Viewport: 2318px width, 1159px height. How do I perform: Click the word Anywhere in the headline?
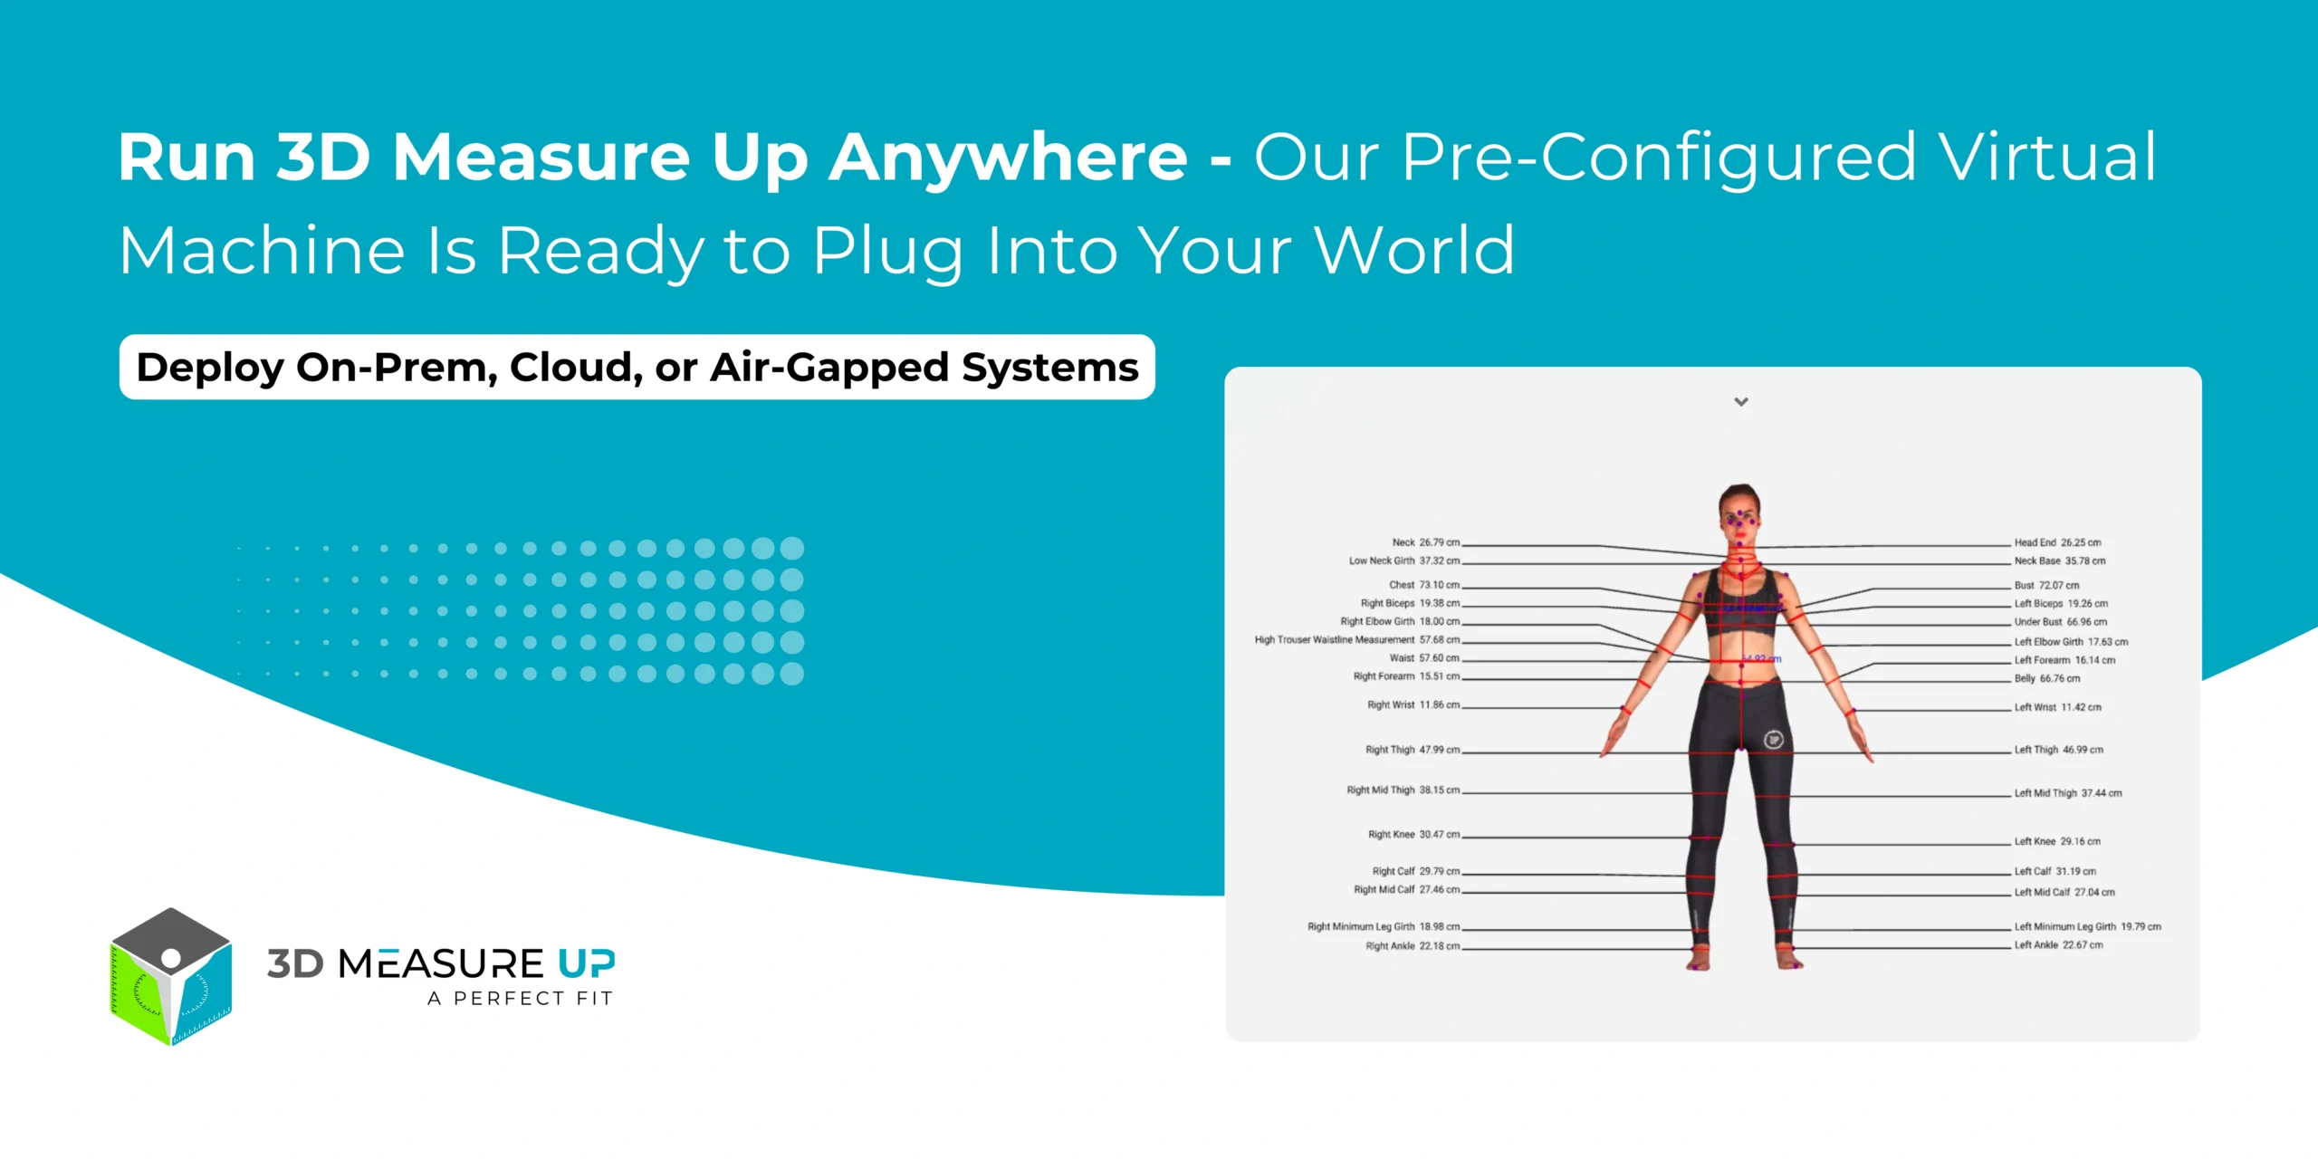click(x=1008, y=158)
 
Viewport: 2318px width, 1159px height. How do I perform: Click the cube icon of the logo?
click(x=170, y=976)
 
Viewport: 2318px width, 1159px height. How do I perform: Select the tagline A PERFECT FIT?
click(x=520, y=998)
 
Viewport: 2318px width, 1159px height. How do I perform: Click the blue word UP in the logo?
click(x=586, y=963)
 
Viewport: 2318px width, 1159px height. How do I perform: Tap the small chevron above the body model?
click(x=1740, y=401)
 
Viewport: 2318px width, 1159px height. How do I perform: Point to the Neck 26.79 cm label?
click(x=1425, y=542)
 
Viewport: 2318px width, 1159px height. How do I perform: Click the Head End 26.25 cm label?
click(x=2057, y=542)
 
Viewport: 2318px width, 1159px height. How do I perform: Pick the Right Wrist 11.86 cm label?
click(x=1413, y=704)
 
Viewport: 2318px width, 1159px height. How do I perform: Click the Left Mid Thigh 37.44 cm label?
click(x=2067, y=793)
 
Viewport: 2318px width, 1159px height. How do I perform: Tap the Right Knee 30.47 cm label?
click(x=1413, y=834)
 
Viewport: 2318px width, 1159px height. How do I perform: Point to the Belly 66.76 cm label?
click(x=2046, y=678)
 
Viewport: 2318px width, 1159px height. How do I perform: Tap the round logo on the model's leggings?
click(x=1773, y=740)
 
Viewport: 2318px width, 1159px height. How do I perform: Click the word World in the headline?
click(x=1413, y=250)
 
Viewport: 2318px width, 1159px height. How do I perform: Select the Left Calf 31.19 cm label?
click(x=2055, y=871)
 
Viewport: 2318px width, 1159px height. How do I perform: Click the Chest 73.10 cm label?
click(x=1423, y=585)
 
